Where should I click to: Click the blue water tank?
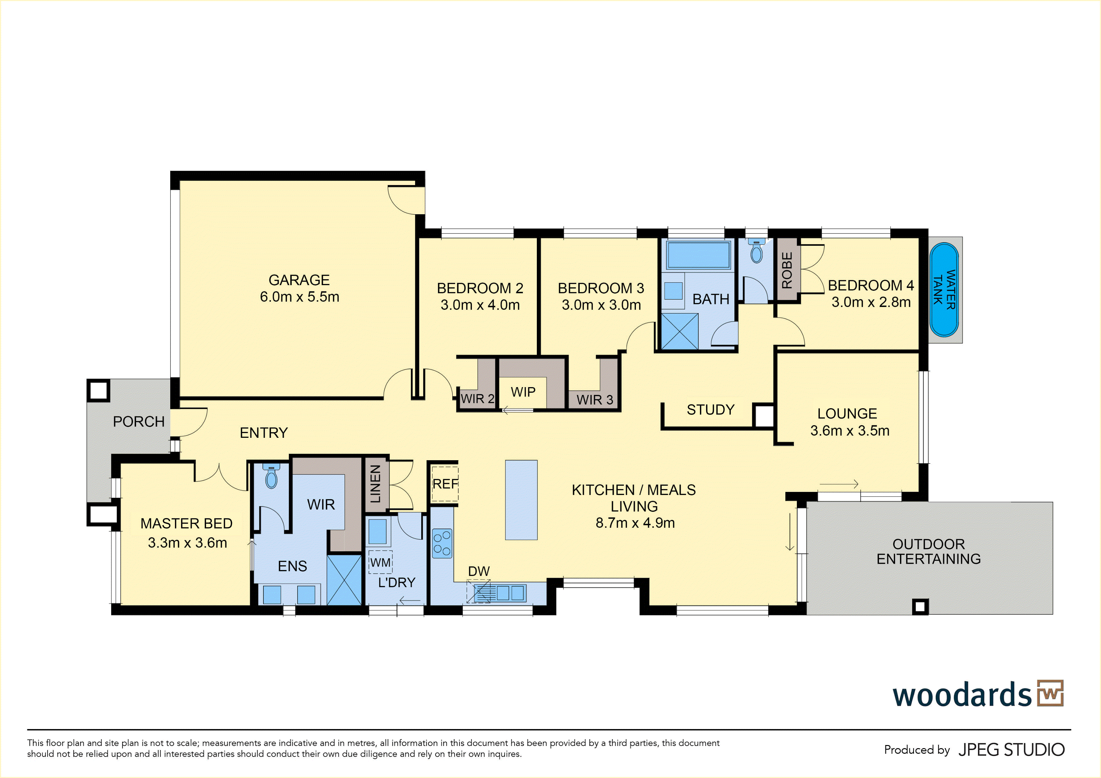pyautogui.click(x=944, y=290)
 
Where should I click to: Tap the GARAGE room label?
pyautogui.click(x=299, y=280)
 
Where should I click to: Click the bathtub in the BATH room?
pyautogui.click(x=698, y=255)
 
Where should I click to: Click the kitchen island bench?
pyautogui.click(x=521, y=500)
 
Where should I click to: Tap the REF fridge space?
pyautogui.click(x=445, y=484)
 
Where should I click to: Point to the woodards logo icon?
pyautogui.click(x=1050, y=693)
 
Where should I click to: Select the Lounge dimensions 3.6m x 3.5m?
pyautogui.click(x=850, y=431)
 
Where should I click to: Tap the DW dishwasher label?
pyautogui.click(x=478, y=571)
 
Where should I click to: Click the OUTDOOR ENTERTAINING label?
pyautogui.click(x=928, y=551)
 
